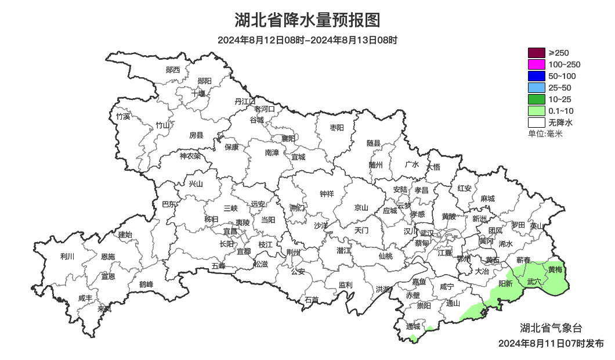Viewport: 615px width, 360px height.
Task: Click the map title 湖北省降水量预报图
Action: (x=307, y=20)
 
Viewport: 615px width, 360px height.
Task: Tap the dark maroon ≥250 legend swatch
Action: (x=536, y=53)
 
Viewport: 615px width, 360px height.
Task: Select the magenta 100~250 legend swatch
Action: (x=536, y=64)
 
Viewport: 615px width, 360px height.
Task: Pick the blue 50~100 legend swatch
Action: (x=536, y=76)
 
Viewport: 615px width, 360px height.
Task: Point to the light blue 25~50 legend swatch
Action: (x=536, y=88)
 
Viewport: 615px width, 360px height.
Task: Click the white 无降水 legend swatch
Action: (x=536, y=123)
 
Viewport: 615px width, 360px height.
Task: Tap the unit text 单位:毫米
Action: (x=545, y=134)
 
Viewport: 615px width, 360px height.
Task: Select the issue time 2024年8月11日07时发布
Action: (x=551, y=344)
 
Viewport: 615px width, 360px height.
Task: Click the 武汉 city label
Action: (x=426, y=232)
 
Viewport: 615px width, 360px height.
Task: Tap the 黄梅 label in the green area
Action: (x=555, y=270)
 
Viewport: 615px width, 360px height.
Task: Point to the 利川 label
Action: (x=67, y=256)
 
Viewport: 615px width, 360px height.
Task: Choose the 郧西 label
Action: (x=173, y=70)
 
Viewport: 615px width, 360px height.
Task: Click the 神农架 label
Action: (x=190, y=156)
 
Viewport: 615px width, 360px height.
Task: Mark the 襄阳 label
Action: (x=288, y=138)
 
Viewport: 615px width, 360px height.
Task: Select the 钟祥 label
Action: (x=327, y=194)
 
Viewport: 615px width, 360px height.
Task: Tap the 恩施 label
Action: (x=108, y=257)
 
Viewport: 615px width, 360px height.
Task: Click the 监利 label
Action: (x=345, y=285)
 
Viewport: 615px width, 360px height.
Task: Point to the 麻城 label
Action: (x=487, y=199)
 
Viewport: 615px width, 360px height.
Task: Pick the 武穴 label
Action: (x=534, y=282)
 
